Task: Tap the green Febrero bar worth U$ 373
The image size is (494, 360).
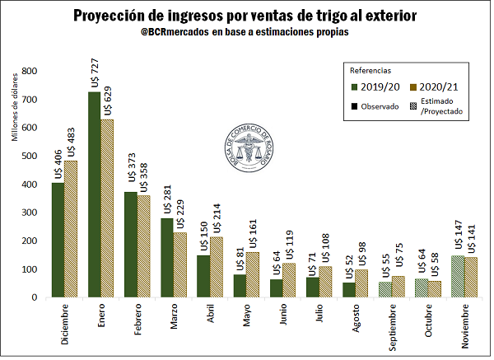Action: pos(129,244)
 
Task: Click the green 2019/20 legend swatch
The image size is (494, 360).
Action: pos(354,86)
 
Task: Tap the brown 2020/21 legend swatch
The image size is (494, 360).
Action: pos(412,86)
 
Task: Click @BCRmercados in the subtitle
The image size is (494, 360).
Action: pos(175,31)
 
